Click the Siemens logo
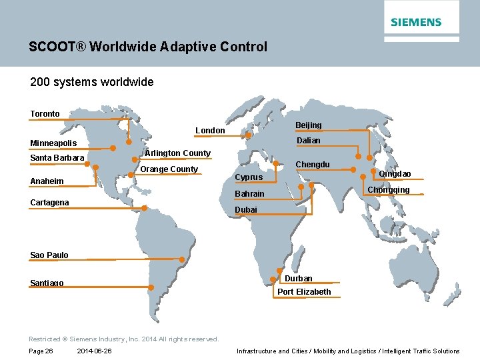click(416, 22)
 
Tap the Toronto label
click(45, 114)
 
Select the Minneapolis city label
click(53, 143)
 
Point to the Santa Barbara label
click(57, 158)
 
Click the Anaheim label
click(47, 181)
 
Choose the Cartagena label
click(49, 202)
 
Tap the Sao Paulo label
click(49, 255)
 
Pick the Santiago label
click(47, 283)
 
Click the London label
click(210, 131)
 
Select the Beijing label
click(309, 125)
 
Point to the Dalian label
click(308, 141)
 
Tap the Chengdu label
click(313, 165)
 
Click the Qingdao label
click(395, 174)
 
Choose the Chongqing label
click(389, 190)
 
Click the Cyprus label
click(249, 177)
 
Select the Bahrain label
click(249, 194)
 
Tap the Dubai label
click(246, 210)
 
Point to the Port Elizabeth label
click(304, 292)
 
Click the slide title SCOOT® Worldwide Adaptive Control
click(148, 47)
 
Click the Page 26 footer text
click(41, 351)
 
